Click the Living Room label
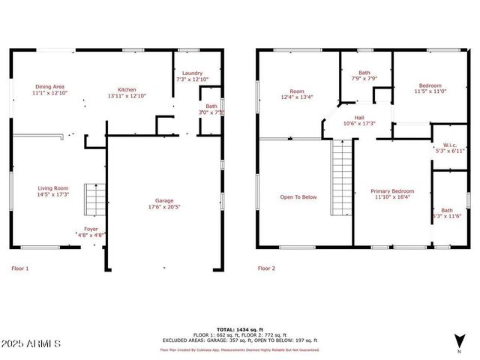tap(53, 191)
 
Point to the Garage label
tap(164, 204)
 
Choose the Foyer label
tap(91, 232)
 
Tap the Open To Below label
tap(298, 197)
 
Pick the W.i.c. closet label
tap(450, 148)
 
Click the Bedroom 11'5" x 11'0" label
tap(430, 88)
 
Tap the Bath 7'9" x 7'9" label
tap(365, 76)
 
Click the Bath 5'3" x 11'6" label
tap(447, 213)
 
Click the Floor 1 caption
tap(20, 268)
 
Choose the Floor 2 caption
tap(266, 268)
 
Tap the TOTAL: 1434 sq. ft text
tap(239, 329)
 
